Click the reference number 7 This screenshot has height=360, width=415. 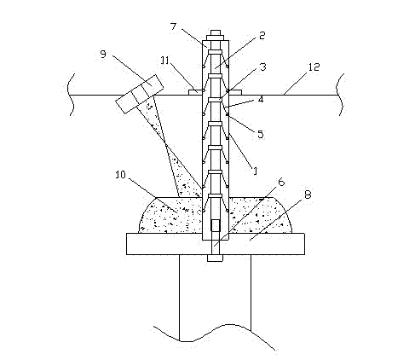point(173,26)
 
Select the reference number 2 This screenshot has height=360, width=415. point(262,36)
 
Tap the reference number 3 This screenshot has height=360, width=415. point(263,67)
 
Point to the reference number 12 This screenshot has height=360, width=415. point(314,67)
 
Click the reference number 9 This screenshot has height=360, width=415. point(103,54)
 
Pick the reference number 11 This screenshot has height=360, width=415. point(165,61)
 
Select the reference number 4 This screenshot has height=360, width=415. point(261,99)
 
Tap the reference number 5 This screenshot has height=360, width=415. point(261,134)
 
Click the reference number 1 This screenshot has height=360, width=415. point(255,171)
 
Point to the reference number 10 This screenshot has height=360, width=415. point(120,175)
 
